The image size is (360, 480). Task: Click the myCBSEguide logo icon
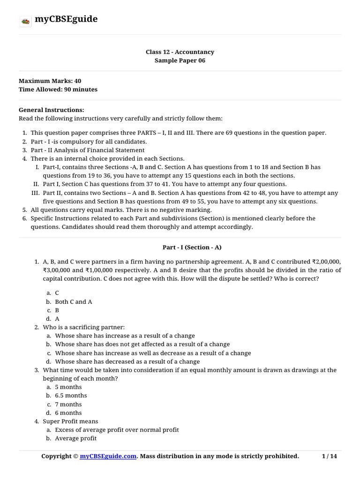[x=25, y=20]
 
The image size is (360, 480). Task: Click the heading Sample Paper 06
[x=180, y=60]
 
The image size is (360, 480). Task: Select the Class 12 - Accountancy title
[x=180, y=52]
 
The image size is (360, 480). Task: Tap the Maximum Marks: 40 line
[x=50, y=81]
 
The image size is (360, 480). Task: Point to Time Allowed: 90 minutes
[x=58, y=90]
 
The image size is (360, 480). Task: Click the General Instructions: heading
[x=52, y=110]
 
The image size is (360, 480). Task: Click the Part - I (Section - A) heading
[x=180, y=247]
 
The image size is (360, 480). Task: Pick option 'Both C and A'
[x=74, y=301]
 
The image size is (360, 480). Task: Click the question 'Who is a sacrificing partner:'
[x=83, y=327]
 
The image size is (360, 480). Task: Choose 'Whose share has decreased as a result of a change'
[x=127, y=361]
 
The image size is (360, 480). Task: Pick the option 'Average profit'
[x=75, y=438]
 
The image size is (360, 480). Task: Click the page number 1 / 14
[x=330, y=456]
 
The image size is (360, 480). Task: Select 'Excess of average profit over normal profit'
[x=117, y=430]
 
